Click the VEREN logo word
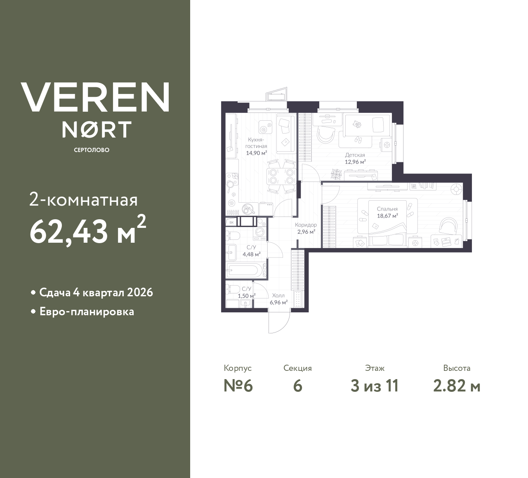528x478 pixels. coord(95,97)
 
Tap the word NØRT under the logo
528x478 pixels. coord(97,129)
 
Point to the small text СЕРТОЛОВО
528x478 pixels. coord(92,150)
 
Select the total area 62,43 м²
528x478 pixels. coord(87,231)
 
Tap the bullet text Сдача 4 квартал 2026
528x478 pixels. coord(96,293)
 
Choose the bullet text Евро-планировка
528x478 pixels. coord(87,312)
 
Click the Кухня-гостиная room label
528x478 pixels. coord(256,143)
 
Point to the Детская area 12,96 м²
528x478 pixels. coord(355,162)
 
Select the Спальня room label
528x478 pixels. coord(387,209)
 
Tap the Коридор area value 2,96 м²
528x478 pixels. coord(306,232)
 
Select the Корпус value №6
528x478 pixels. coord(238,386)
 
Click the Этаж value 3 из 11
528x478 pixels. coord(374,386)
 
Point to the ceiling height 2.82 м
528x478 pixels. coord(457,386)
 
